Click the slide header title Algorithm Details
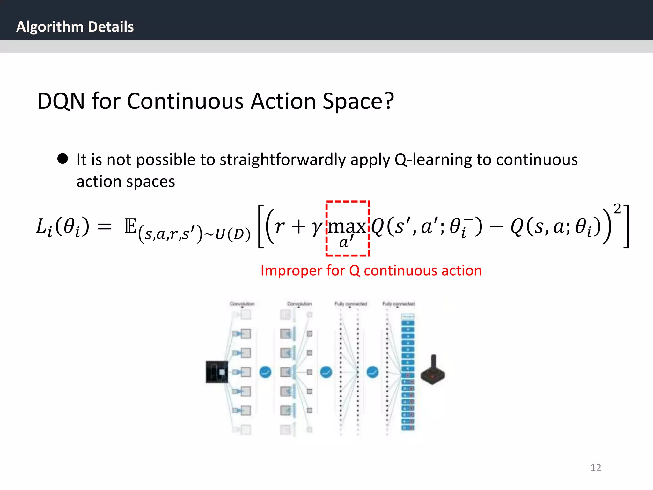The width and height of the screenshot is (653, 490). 75,27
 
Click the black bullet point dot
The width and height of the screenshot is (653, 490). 63,159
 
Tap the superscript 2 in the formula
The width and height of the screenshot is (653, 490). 617,209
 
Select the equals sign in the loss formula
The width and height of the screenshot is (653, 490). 105,227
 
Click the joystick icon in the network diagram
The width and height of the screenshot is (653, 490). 433,370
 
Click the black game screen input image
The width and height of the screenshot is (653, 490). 217,372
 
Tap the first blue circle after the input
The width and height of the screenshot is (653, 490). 265,372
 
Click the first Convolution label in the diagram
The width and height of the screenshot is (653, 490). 242,304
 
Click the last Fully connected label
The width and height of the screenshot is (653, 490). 398,304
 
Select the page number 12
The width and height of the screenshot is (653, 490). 596,467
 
